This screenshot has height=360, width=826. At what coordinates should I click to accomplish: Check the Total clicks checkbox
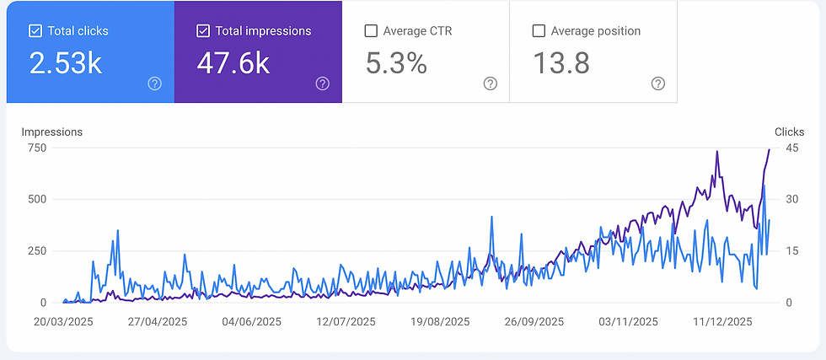point(35,31)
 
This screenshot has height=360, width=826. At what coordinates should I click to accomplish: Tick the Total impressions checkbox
point(203,31)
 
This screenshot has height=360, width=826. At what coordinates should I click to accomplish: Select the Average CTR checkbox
point(371,31)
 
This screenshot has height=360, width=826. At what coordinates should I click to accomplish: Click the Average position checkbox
point(539,31)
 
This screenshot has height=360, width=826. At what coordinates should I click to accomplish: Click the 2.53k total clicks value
point(66,63)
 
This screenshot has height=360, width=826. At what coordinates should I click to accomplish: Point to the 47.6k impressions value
point(233,63)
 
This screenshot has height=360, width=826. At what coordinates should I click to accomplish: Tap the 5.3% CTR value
point(396,63)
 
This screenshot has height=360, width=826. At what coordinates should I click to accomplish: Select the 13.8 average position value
point(560,63)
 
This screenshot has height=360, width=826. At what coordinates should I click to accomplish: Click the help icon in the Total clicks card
point(154,83)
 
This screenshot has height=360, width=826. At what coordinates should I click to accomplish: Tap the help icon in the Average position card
point(658,83)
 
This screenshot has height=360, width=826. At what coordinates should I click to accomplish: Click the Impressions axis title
point(51,132)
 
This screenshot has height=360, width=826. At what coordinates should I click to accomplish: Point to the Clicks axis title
point(789,132)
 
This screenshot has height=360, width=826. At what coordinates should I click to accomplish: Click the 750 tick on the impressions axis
point(36,148)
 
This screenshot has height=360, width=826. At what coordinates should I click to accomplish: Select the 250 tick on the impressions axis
point(36,251)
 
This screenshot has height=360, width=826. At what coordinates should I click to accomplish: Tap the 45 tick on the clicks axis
point(791,148)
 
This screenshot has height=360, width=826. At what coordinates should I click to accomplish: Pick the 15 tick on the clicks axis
point(791,251)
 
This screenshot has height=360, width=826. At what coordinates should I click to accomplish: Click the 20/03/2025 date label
point(64,321)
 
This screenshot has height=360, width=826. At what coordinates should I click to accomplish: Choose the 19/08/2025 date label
point(441,321)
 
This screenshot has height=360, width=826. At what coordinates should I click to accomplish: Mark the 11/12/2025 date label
point(722,321)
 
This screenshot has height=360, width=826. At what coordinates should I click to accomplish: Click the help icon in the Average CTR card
point(490,83)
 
